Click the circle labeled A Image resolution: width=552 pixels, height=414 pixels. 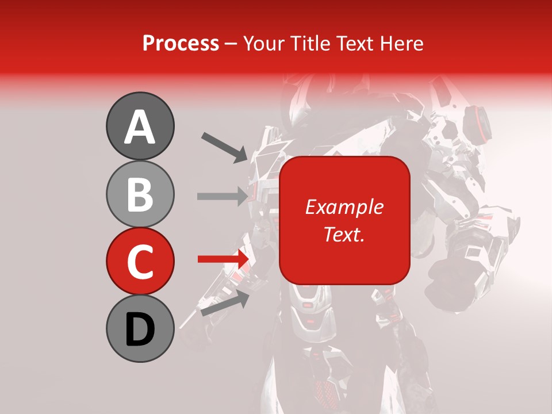click(x=140, y=126)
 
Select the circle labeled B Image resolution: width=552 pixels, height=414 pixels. click(x=140, y=194)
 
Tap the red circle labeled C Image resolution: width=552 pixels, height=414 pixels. click(x=140, y=262)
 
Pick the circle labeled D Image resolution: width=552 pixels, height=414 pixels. click(x=140, y=329)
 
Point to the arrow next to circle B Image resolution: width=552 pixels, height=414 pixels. click(x=222, y=196)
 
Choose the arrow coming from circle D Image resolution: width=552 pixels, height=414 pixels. click(x=224, y=302)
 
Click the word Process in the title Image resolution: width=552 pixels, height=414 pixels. click(x=181, y=43)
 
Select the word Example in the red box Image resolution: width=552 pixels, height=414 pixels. click(x=344, y=207)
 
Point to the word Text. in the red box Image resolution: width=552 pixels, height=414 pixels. click(x=344, y=234)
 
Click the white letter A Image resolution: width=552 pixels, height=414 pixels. click(x=140, y=127)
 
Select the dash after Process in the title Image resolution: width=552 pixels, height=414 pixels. click(x=231, y=44)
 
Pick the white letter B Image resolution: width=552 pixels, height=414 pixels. click(x=140, y=194)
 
